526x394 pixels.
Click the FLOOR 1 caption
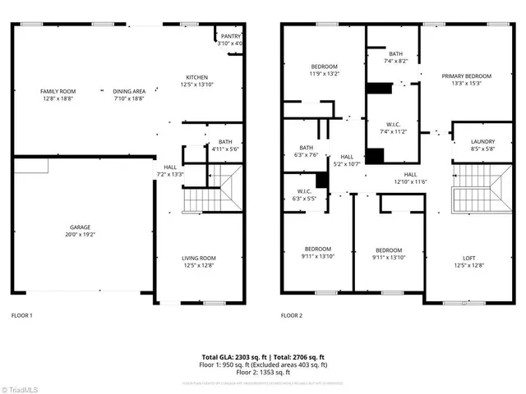[x=21, y=315]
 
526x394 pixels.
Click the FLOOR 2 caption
[x=292, y=315]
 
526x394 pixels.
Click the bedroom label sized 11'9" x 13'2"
[x=324, y=70]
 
